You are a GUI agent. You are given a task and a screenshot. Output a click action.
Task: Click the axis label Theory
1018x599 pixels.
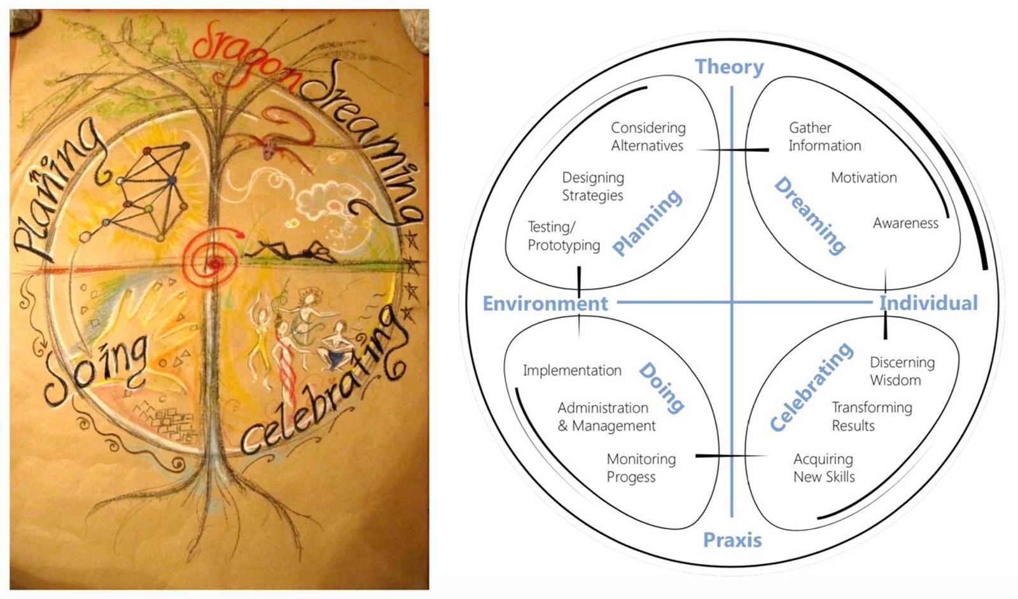pyautogui.click(x=729, y=67)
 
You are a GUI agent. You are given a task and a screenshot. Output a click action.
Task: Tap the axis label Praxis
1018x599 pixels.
pyautogui.click(x=732, y=540)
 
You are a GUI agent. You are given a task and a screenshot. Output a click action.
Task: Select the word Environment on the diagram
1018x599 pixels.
pyautogui.click(x=545, y=303)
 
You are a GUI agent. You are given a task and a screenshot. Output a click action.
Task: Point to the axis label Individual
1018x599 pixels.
pyautogui.click(x=928, y=303)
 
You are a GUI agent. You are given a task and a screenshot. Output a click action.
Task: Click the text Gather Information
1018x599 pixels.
pyautogui.click(x=825, y=137)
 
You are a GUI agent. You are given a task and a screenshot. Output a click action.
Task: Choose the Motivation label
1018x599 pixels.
pyautogui.click(x=863, y=177)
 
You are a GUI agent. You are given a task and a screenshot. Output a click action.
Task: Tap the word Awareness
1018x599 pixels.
pyautogui.click(x=905, y=223)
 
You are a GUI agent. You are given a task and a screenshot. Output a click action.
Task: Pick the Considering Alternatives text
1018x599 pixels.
pyautogui.click(x=648, y=137)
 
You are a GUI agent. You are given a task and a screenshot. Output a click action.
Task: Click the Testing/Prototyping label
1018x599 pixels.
pyautogui.click(x=564, y=236)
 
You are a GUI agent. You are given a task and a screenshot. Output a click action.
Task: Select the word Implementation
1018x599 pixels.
pyautogui.click(x=572, y=371)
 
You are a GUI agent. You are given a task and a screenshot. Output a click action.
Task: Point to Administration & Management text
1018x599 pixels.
pyautogui.click(x=606, y=417)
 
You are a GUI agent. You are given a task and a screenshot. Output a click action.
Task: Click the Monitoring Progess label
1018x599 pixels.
pyautogui.click(x=641, y=468)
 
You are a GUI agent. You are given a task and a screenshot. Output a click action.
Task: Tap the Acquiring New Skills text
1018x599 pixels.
pyautogui.click(x=823, y=468)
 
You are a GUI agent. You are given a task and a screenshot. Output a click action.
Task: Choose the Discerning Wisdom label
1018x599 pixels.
pyautogui.click(x=902, y=371)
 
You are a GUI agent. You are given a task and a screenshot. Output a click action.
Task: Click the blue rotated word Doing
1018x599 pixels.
pyautogui.click(x=661, y=389)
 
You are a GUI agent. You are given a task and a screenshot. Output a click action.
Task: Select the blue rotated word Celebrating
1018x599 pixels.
pyautogui.click(x=811, y=387)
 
